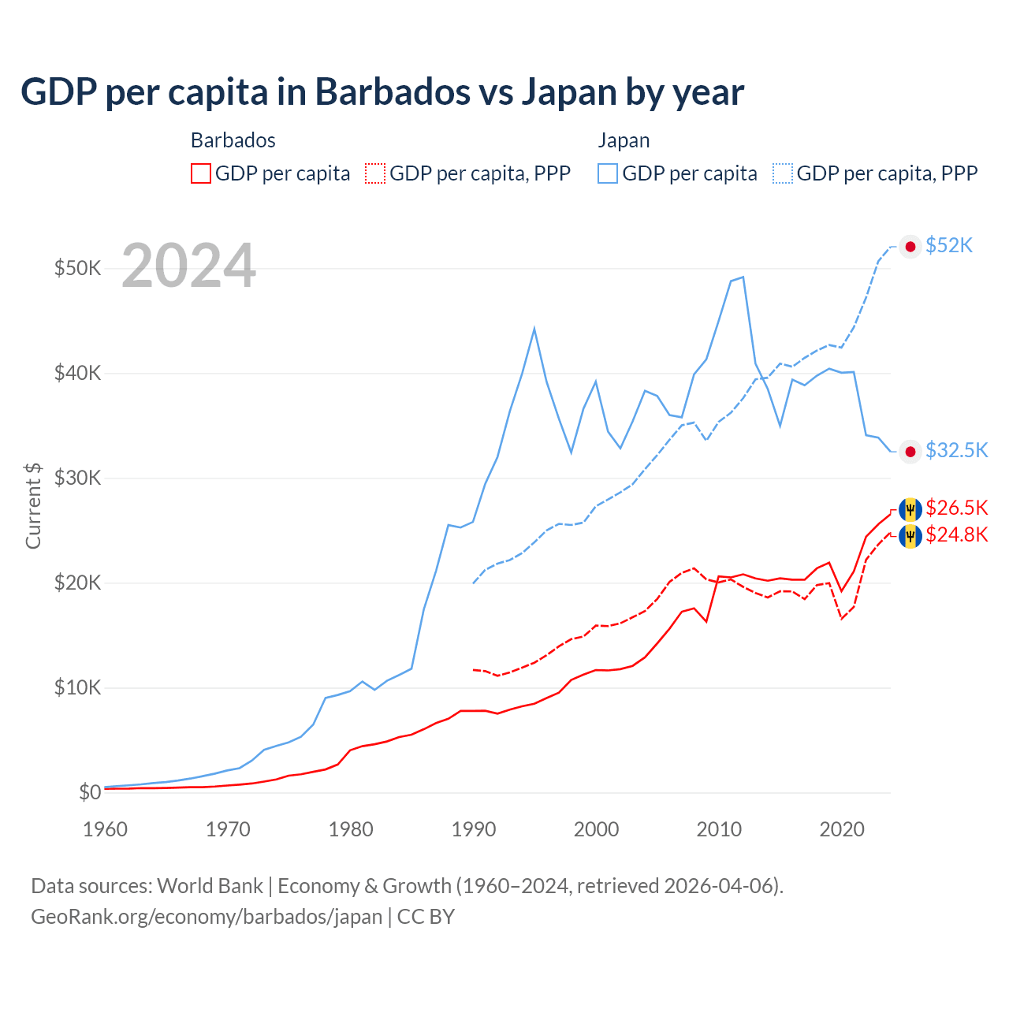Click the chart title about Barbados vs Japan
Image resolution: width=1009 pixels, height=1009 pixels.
[382, 92]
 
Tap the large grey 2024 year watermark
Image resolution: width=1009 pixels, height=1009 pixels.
[189, 266]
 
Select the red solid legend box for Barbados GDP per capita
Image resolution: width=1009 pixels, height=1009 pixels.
[201, 173]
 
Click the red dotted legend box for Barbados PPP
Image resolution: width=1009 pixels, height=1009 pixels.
[376, 173]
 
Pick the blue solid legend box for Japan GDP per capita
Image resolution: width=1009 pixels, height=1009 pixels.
[608, 173]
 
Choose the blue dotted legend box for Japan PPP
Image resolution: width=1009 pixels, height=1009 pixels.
[783, 173]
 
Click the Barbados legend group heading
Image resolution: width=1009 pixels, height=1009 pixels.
[233, 140]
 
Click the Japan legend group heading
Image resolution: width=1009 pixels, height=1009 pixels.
[624, 140]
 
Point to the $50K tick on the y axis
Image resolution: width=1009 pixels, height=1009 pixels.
[77, 268]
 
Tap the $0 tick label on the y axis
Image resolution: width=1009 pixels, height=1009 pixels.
[90, 792]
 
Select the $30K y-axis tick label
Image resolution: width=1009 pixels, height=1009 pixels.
[77, 478]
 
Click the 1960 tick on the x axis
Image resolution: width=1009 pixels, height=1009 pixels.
[105, 829]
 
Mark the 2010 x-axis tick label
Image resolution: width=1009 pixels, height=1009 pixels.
[719, 829]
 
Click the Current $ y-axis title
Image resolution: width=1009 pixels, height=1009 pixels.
[33, 506]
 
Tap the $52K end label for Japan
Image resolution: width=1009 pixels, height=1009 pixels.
[949, 246]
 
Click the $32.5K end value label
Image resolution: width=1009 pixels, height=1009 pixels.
[956, 450]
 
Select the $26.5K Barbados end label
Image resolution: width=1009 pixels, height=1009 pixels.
[956, 508]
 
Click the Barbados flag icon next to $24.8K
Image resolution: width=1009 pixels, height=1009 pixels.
[910, 536]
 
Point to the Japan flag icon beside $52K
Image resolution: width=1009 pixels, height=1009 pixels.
[910, 247]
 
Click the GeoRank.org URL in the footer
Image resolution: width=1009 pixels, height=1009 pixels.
[207, 917]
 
